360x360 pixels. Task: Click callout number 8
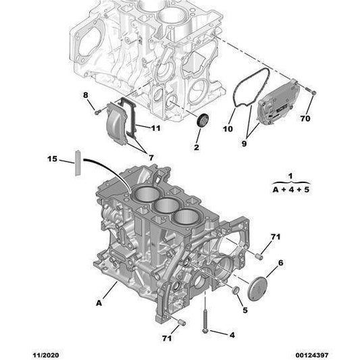(86, 95)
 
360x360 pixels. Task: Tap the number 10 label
(228, 128)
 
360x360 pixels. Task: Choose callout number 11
(155, 128)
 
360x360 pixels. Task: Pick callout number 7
(151, 157)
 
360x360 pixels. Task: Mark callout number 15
(53, 159)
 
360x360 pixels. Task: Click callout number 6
(280, 262)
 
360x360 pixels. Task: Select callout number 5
(245, 311)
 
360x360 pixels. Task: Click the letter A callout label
(99, 304)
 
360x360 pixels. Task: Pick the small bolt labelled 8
(99, 109)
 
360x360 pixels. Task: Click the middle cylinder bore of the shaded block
(165, 206)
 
